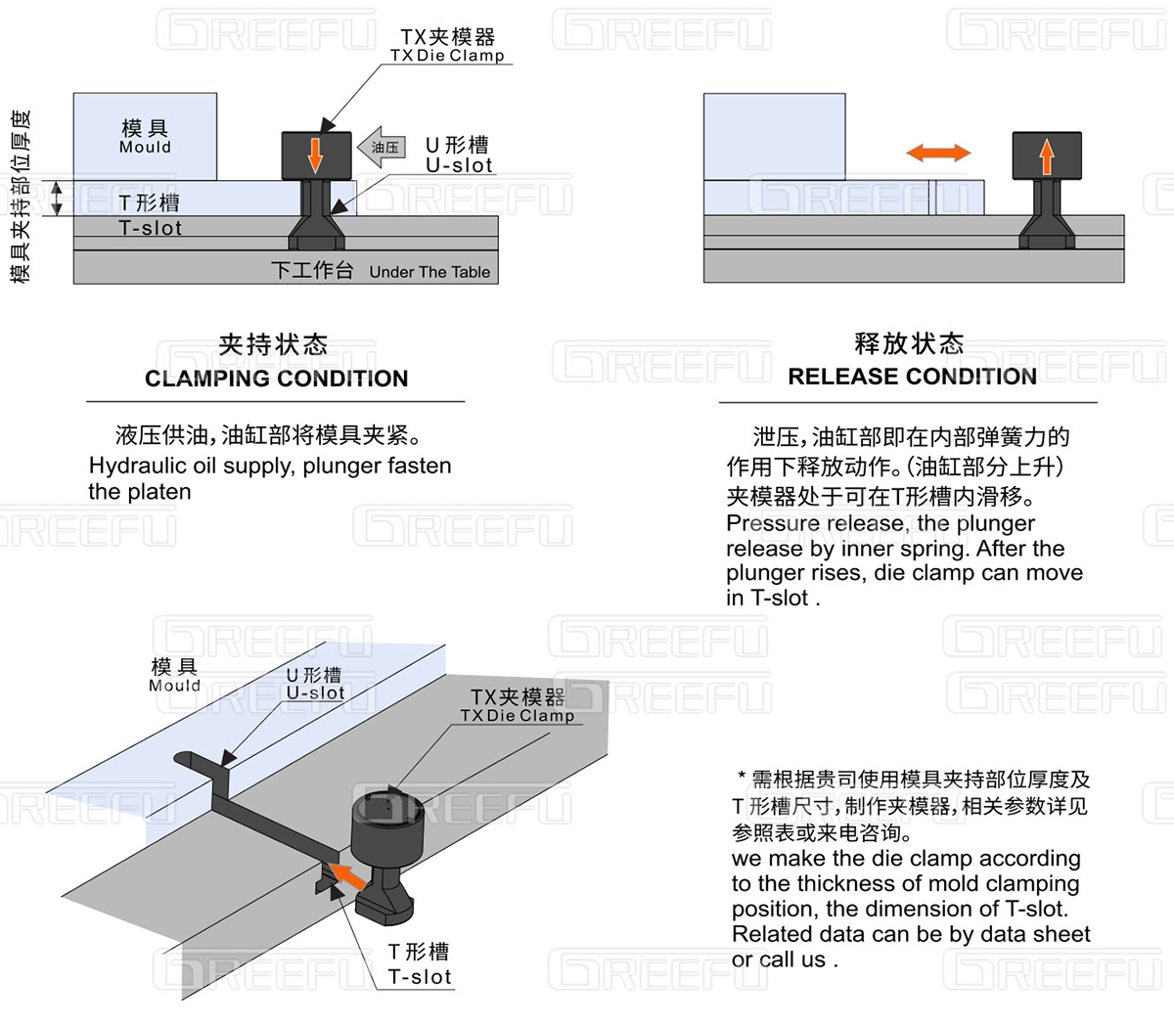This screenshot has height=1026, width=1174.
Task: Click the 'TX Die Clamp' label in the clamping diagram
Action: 447,56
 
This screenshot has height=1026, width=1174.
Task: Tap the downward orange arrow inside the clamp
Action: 315,155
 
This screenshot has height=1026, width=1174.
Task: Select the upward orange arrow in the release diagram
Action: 1046,156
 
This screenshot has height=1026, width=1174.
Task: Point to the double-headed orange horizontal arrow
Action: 937,153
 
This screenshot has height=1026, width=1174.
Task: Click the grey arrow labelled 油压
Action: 382,148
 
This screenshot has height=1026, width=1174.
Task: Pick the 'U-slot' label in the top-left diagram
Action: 458,165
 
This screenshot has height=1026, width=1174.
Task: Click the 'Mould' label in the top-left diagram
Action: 145,148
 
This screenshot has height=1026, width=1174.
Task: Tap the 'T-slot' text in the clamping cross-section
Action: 150,228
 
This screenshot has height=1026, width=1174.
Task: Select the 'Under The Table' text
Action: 429,272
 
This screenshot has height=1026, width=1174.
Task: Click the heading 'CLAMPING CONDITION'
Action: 276,379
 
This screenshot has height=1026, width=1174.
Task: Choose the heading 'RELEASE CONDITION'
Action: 912,377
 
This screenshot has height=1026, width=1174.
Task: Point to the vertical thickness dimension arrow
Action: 57,198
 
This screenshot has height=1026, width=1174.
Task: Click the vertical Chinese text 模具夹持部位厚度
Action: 21,196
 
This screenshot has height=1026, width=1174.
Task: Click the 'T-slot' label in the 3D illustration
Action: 419,977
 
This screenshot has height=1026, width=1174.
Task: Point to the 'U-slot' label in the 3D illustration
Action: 315,692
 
